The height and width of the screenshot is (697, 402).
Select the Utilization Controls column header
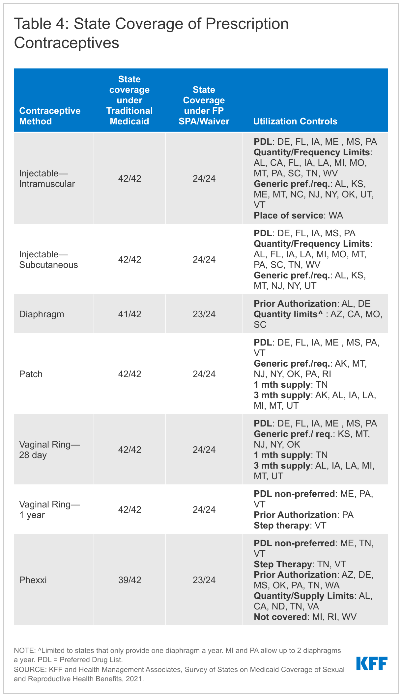(295, 121)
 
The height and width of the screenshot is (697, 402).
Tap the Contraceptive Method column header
(50, 116)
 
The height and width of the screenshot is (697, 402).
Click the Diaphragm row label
(42, 314)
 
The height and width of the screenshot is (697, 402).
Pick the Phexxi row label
(33, 580)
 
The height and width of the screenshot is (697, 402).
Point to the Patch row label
(31, 374)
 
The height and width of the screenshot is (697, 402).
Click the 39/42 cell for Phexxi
(129, 580)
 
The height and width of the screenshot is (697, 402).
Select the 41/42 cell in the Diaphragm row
(129, 314)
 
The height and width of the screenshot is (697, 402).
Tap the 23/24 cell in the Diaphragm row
(204, 314)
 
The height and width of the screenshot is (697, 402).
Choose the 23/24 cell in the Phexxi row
(204, 580)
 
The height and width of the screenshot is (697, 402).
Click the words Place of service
(288, 215)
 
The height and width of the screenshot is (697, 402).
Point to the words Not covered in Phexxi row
(280, 617)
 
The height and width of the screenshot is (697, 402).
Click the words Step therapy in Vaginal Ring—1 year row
(281, 525)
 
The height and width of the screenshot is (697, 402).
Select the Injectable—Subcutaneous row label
(48, 259)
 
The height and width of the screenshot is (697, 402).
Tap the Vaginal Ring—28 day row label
(49, 450)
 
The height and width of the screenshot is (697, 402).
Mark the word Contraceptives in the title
(67, 43)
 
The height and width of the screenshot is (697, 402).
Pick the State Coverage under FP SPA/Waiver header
(204, 105)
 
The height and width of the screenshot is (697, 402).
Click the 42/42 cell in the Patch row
(129, 374)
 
